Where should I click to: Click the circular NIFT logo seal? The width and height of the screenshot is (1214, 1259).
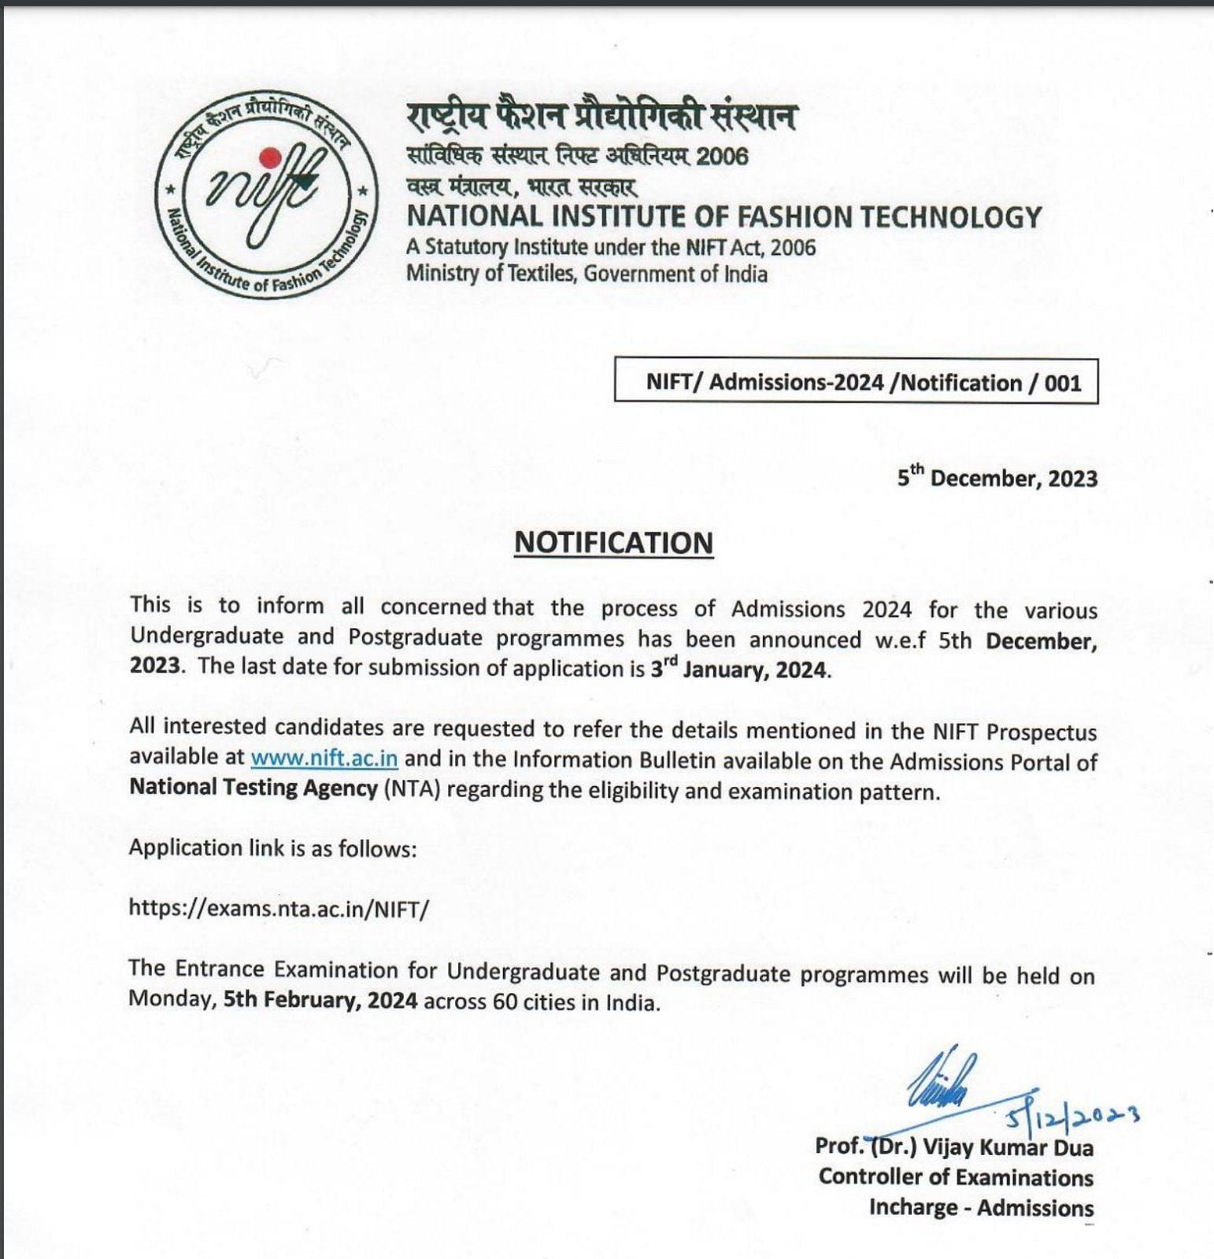coord(266,194)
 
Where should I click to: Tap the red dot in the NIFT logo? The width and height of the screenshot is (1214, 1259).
coord(271,157)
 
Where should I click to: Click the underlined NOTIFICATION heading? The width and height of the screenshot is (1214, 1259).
coord(613,543)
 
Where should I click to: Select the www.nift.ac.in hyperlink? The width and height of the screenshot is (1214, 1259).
coord(324,759)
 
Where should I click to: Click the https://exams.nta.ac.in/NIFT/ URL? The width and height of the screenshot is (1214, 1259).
coord(279,909)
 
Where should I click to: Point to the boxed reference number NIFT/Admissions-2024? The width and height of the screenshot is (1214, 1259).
coord(856,382)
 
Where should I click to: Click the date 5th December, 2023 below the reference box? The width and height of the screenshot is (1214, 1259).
coord(997,478)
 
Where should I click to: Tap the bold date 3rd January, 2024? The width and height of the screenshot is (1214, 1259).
coord(739,670)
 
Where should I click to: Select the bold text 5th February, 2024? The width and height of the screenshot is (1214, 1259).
coord(320,1000)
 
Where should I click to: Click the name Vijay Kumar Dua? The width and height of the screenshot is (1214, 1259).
coord(1007,1147)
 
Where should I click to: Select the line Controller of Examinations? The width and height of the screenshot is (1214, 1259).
coord(955,1177)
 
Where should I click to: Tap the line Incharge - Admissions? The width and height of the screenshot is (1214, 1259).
coord(981,1207)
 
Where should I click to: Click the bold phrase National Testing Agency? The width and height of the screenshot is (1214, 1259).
coord(254,788)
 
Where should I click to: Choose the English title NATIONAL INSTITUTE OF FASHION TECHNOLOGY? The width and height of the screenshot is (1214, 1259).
coord(724,216)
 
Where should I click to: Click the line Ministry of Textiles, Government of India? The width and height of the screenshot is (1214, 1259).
coord(587,274)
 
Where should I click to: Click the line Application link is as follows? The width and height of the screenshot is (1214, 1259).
coord(272,848)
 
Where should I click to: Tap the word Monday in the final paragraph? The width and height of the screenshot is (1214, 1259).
coord(172,1000)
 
